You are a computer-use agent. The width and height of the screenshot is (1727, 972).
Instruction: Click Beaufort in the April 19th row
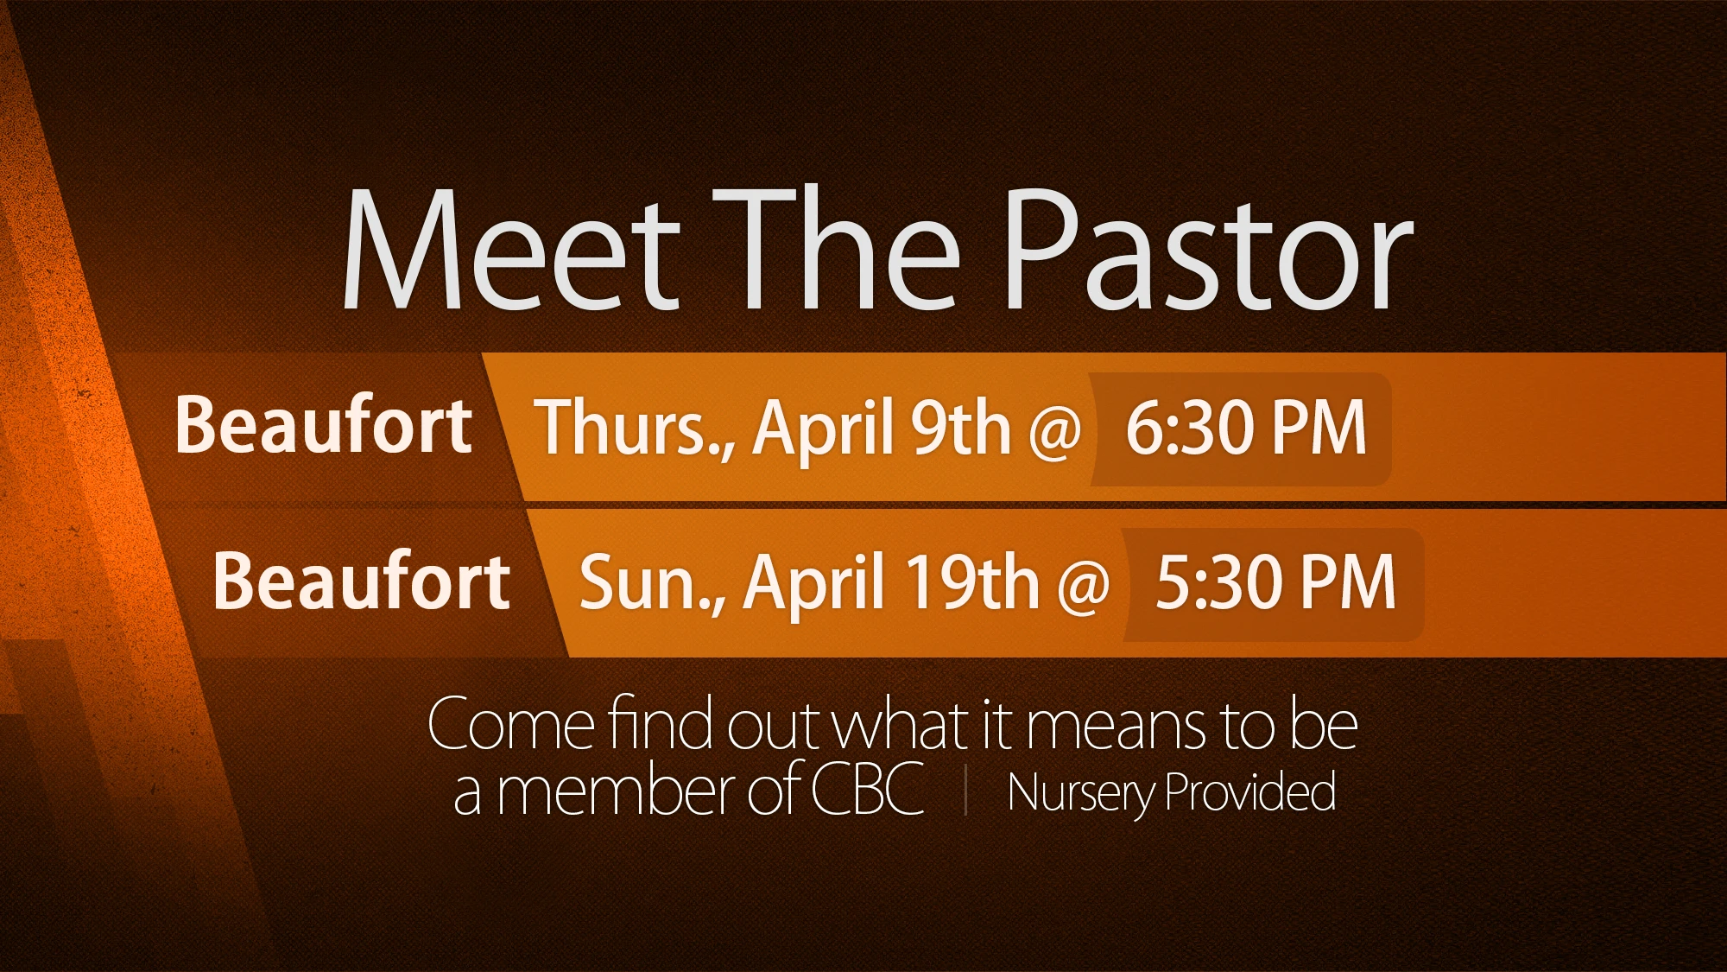362,580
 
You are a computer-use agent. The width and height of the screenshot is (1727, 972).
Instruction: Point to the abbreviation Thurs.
635,427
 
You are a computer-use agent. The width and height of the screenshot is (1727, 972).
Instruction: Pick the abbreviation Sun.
653,583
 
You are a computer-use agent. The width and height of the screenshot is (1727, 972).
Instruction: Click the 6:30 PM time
1246,427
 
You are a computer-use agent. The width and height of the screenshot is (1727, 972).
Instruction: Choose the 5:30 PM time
1275,582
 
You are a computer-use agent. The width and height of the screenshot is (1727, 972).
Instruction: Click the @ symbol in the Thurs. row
1055,430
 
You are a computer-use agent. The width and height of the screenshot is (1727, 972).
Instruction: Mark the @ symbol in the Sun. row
1083,586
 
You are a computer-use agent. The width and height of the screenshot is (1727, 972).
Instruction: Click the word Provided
1251,791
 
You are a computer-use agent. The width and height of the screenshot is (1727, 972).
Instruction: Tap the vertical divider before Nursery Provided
965,791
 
